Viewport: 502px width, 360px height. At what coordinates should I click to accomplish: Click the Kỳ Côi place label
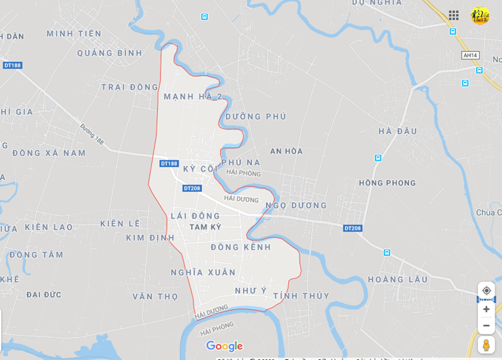coord(200,169)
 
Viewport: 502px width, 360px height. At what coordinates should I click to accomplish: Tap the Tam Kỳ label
coord(205,227)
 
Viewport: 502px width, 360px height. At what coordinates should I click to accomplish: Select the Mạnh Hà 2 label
coord(193,97)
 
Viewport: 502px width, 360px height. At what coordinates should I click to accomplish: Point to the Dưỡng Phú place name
coord(256,116)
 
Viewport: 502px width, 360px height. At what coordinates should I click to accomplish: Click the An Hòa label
coord(286,151)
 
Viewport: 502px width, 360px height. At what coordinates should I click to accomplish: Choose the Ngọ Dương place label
coord(296,206)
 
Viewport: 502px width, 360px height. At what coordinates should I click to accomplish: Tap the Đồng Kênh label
coord(240,247)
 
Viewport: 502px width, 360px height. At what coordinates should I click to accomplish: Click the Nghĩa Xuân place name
coord(203,273)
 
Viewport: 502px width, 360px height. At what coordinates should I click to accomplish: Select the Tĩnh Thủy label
coord(301,296)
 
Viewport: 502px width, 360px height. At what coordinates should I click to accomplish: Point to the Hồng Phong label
coord(387,183)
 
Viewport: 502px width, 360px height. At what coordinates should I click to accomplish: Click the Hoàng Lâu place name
coord(398,279)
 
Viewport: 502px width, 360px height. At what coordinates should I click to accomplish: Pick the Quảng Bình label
coord(110,53)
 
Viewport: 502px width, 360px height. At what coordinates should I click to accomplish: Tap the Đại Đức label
coord(44,295)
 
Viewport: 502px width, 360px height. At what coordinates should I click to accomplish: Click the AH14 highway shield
coord(470,55)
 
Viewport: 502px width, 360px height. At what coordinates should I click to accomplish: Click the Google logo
coord(224,346)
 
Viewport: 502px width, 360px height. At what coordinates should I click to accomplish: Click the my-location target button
coord(487,291)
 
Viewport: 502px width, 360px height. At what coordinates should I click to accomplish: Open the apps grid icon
coord(454,15)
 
